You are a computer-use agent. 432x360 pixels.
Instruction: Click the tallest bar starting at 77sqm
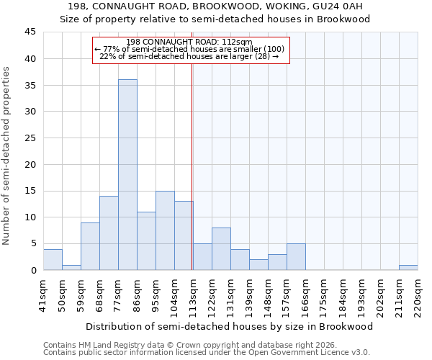pos(127,174)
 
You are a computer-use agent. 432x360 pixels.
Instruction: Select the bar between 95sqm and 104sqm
pos(165,230)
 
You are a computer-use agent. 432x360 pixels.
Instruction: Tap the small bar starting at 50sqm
pos(71,267)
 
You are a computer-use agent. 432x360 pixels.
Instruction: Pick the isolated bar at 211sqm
pos(408,267)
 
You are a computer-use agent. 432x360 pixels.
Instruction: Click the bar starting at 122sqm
pos(221,249)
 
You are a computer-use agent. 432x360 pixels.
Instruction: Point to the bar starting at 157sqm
pos(296,257)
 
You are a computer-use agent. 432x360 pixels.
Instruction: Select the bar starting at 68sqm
pos(109,233)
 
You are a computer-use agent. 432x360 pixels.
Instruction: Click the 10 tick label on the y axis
pos(31,217)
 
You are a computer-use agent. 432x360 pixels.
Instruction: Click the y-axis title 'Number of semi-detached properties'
pos(7,156)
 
